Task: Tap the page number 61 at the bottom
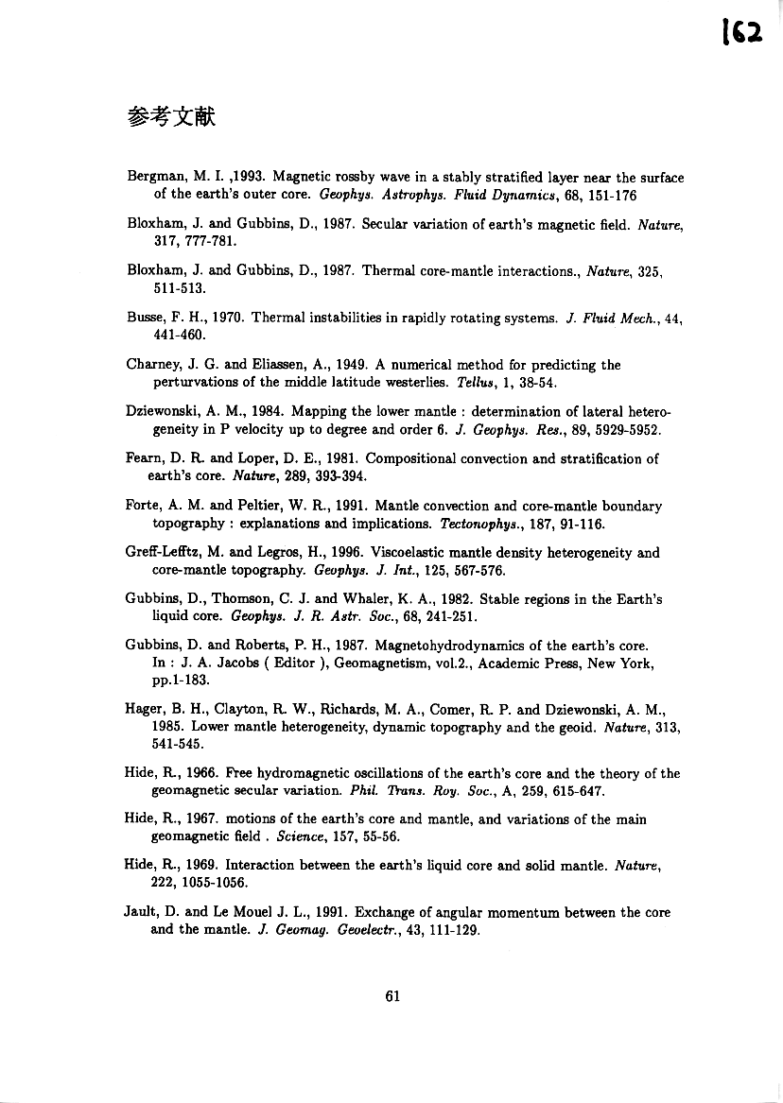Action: [x=395, y=994]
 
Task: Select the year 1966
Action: [x=201, y=773]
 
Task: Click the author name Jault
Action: [x=144, y=913]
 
